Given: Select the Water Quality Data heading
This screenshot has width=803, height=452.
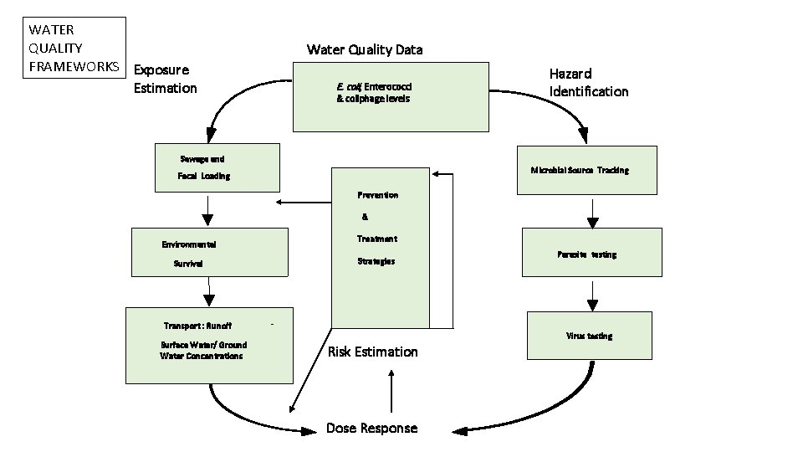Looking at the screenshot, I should coord(365,49).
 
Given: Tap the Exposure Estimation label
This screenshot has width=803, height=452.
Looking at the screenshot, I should coord(165,79).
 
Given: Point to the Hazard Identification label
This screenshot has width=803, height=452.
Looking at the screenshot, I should coord(588,82).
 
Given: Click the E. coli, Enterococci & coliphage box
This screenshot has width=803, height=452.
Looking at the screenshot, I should coord(391,96).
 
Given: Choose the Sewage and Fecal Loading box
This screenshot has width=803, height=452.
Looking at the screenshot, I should coord(217,167).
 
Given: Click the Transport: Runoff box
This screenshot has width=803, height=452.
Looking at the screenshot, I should coord(209,346).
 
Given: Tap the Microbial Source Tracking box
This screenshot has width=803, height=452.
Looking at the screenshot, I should coord(586,170).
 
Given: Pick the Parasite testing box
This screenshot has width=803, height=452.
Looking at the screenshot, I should coord(592,253).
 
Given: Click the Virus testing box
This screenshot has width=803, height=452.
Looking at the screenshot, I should coord(592,335).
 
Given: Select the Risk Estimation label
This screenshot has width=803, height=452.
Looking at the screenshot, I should coord(372,352).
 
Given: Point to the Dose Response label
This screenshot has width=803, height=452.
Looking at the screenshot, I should coord(371,428).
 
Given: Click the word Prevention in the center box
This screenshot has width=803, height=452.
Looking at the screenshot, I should coord(377,195).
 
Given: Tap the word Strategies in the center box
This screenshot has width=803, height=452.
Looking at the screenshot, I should coord(376,261).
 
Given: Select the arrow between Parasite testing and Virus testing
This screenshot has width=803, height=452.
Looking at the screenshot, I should coord(592,294).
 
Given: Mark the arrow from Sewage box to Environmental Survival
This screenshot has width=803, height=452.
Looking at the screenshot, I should coord(207,210).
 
